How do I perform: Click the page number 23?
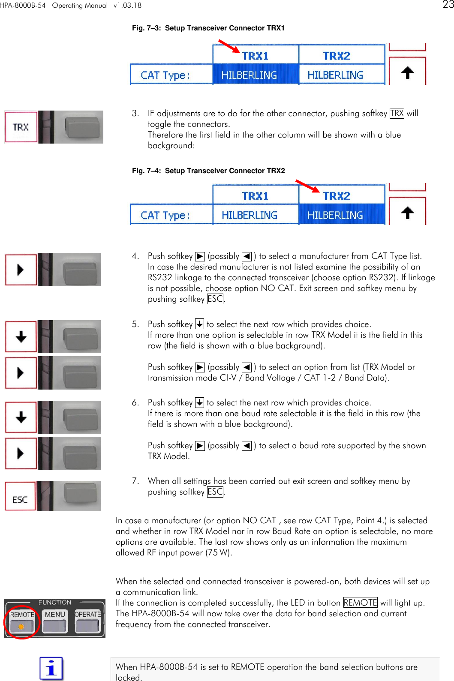click(448, 5)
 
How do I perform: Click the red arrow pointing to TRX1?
click(229, 46)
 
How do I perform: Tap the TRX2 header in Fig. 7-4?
click(337, 196)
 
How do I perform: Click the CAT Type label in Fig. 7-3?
click(165, 75)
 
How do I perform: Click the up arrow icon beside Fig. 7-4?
click(407, 213)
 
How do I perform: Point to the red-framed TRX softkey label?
click(21, 127)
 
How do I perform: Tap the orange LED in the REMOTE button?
click(21, 626)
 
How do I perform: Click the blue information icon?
click(51, 668)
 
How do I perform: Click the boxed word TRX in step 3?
click(397, 113)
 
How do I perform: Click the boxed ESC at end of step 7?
click(215, 492)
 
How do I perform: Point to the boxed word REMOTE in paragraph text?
click(360, 603)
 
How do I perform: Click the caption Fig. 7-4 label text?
click(146, 171)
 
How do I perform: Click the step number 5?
click(135, 324)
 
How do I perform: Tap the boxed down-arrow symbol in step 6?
click(199, 402)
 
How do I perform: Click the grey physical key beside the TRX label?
click(84, 127)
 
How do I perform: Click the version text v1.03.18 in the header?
click(127, 6)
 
